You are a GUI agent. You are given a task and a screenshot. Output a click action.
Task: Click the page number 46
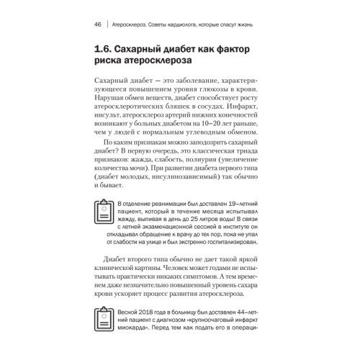(x=96, y=25)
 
